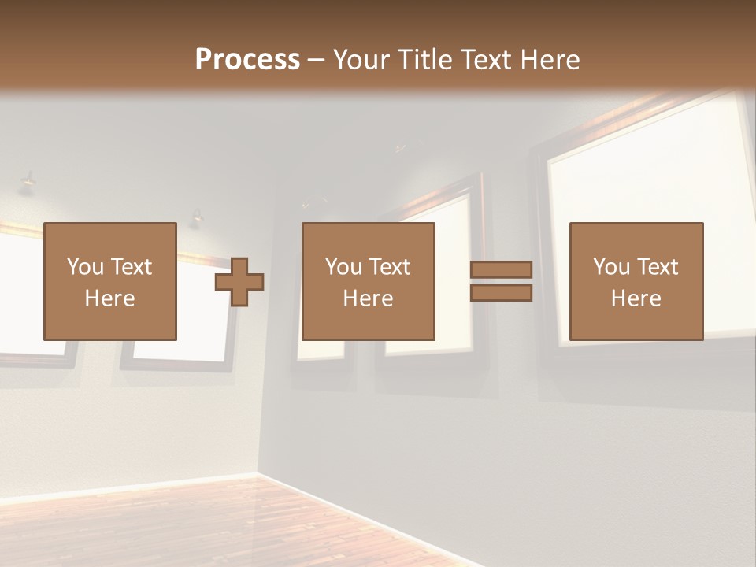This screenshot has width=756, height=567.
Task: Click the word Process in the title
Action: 247,60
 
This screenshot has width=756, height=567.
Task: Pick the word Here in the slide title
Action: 551,60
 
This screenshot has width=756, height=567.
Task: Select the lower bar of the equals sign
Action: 501,293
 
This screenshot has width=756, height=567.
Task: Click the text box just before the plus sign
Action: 109,281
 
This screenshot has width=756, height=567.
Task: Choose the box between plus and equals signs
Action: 368,281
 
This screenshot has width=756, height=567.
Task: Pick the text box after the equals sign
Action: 636,281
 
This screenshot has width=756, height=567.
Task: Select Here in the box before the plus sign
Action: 109,298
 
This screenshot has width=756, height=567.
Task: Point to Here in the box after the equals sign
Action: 636,298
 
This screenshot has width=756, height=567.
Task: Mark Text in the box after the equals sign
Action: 657,267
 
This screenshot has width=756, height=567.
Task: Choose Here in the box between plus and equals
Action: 368,298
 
